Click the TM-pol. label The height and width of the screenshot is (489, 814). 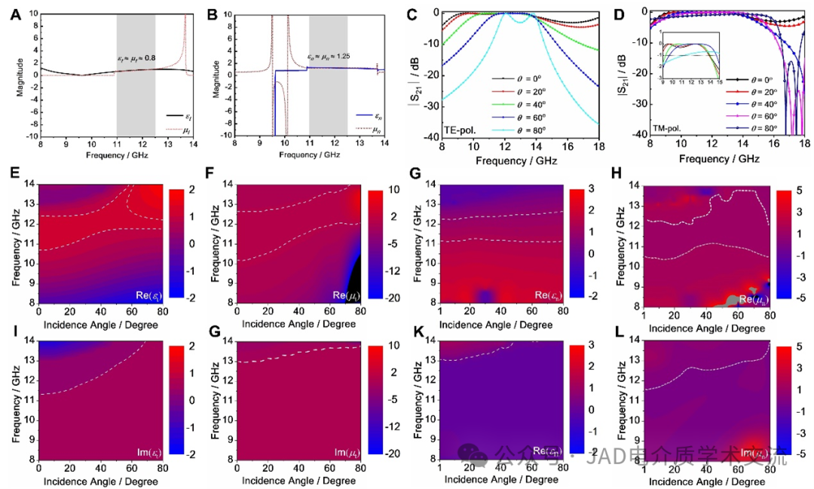(670, 128)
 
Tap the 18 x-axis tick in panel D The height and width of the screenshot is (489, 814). (803, 146)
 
